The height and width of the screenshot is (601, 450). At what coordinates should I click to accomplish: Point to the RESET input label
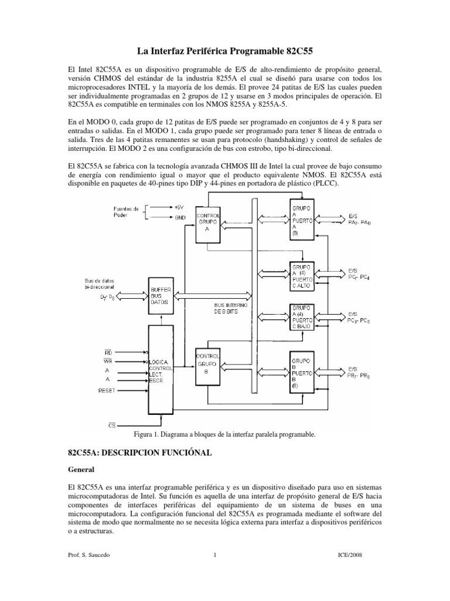pyautogui.click(x=107, y=390)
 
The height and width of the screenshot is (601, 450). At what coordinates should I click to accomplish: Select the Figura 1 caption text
pyautogui.click(x=225, y=435)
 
